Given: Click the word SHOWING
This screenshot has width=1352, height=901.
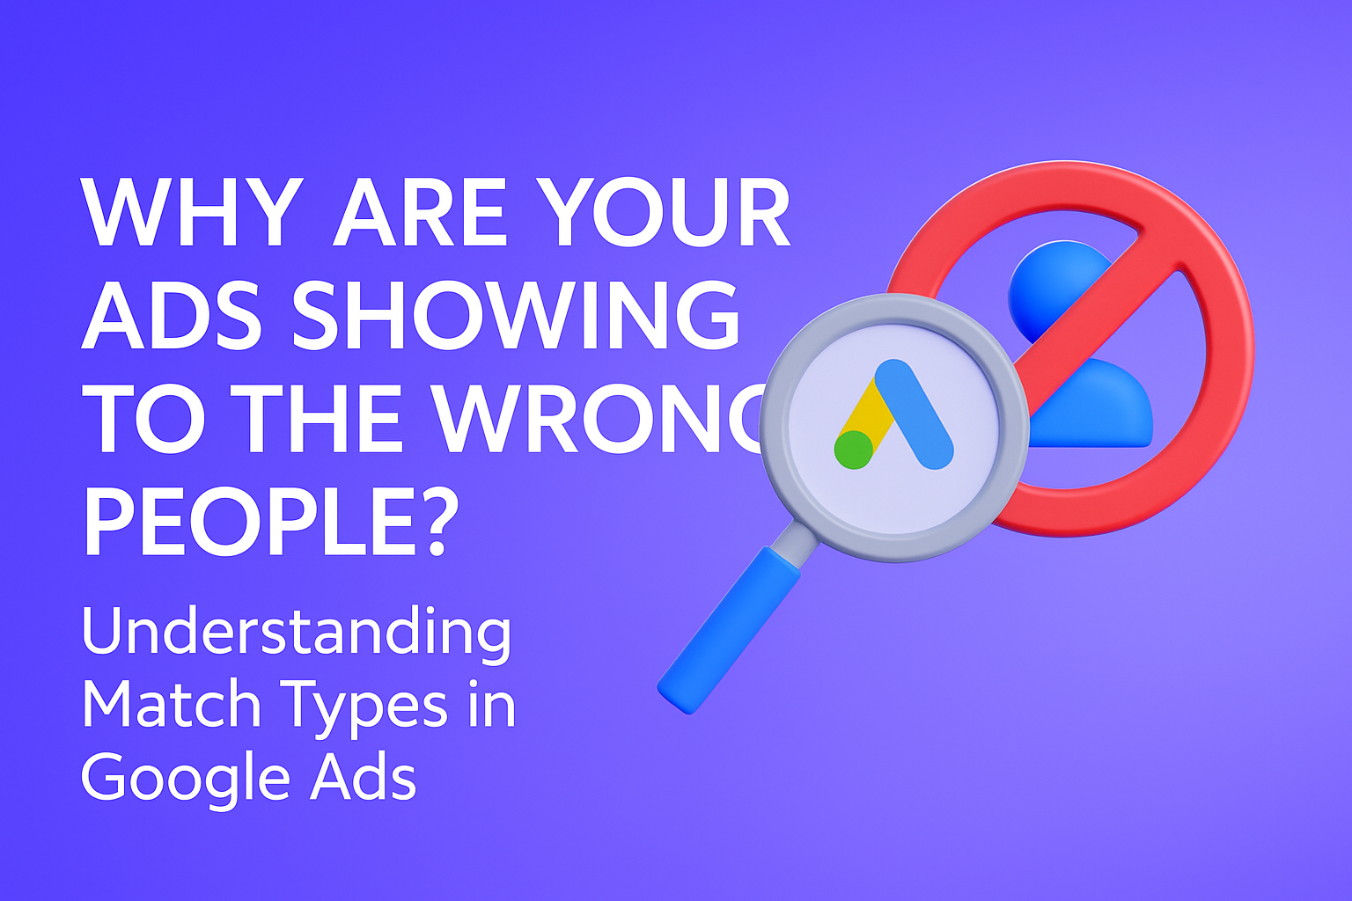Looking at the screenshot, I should (516, 315).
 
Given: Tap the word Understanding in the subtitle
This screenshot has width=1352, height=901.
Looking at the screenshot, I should (296, 632).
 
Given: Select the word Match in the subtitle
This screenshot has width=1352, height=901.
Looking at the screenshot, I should (171, 706).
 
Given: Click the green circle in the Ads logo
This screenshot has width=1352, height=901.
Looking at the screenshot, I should (853, 449).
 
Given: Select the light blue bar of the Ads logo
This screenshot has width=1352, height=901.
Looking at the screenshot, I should (915, 414).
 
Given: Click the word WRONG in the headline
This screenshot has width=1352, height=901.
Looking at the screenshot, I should (599, 419).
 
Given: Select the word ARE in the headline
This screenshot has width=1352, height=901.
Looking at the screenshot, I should (419, 214).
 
